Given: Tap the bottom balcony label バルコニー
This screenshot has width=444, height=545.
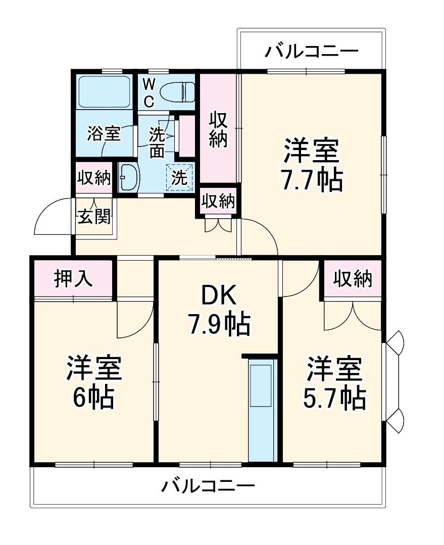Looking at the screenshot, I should pos(208,486).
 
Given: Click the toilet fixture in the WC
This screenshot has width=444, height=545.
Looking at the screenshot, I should pos(177,92).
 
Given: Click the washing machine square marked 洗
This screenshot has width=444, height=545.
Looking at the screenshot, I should pos(179,177).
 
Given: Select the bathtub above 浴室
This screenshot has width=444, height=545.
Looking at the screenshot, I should pos(105,91).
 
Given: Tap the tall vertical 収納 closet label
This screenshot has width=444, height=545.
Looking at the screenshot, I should pos(218,129).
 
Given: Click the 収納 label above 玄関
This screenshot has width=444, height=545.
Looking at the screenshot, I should pos(93,178).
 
